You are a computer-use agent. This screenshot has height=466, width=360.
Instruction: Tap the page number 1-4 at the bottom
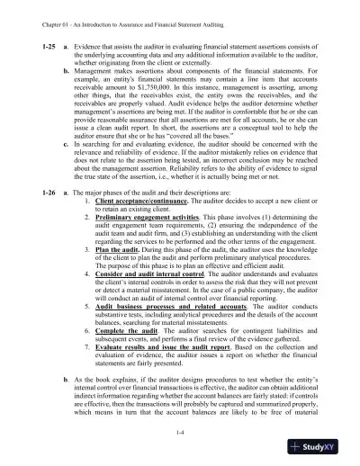pos(181,432)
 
